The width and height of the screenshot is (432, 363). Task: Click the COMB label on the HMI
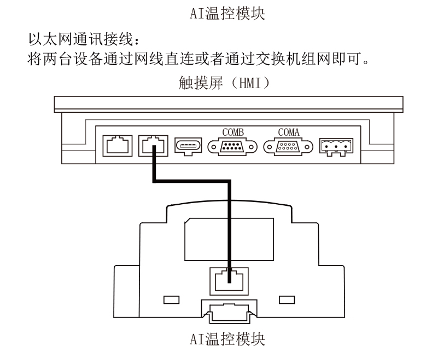click(233, 132)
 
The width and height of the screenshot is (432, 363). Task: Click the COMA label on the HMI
click(289, 132)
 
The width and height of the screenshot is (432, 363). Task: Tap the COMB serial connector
click(232, 147)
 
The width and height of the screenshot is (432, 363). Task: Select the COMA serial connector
click(288, 147)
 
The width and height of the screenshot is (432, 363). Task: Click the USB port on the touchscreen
click(188, 146)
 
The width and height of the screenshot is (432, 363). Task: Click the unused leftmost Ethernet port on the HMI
click(118, 146)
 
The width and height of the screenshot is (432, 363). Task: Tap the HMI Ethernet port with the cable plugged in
click(153, 146)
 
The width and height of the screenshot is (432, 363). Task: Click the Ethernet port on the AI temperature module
click(229, 281)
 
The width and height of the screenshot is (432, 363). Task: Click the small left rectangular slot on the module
click(171, 300)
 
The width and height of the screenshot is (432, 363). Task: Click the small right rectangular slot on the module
click(287, 300)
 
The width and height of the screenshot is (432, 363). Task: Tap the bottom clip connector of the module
click(229, 312)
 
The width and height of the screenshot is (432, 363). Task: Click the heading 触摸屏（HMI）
click(224, 83)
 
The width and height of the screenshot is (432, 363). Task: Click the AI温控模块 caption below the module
click(227, 339)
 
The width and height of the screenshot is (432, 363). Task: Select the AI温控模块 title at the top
click(227, 13)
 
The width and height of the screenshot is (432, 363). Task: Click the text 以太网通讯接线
click(81, 39)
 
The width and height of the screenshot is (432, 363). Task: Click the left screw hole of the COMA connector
click(270, 147)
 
